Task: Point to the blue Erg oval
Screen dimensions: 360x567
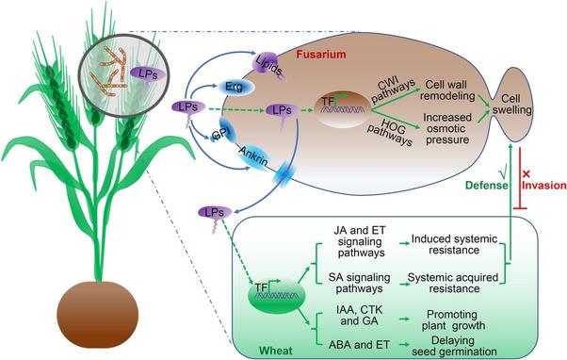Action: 235,88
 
